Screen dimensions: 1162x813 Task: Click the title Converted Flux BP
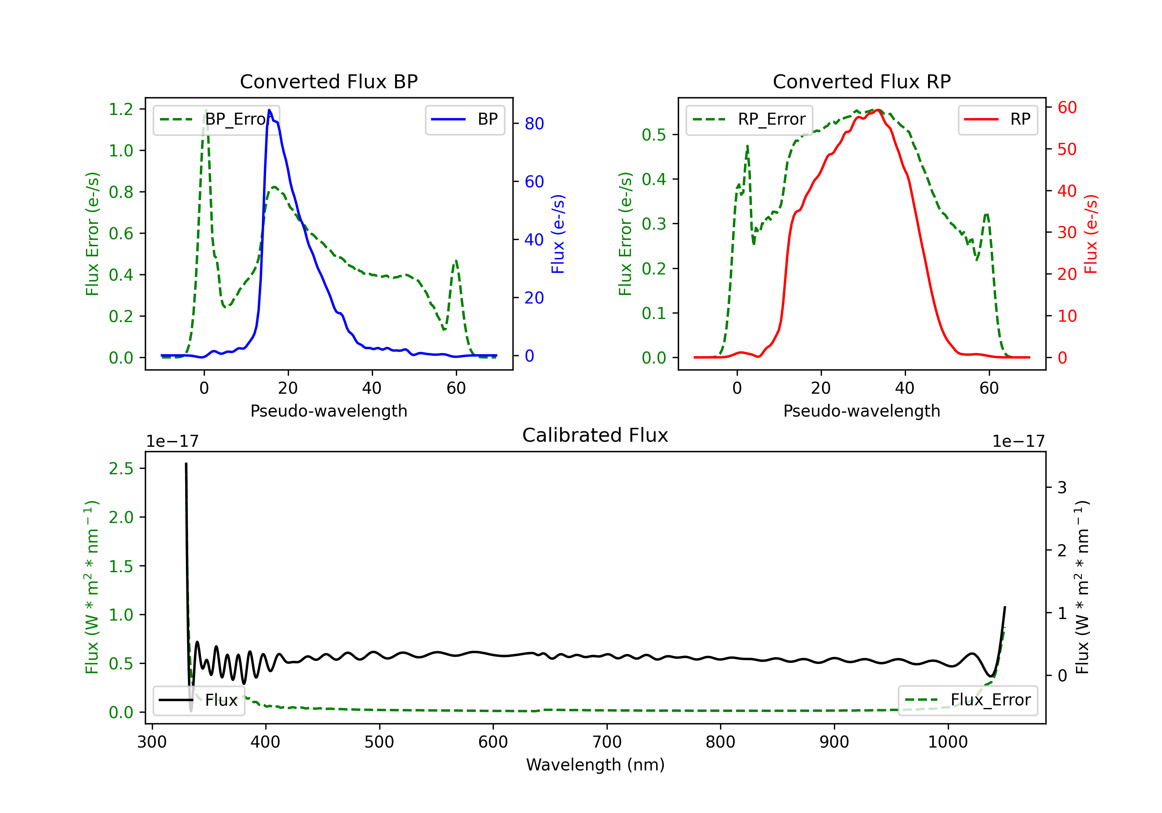click(x=329, y=81)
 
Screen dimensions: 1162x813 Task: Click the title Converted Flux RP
click(x=862, y=81)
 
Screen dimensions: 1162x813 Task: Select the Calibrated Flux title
click(x=595, y=435)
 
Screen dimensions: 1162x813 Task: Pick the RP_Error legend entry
click(x=749, y=119)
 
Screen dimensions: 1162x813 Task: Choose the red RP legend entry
click(x=997, y=119)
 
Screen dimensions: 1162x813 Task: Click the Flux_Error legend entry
click(x=968, y=700)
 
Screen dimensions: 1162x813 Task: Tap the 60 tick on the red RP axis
click(x=1067, y=107)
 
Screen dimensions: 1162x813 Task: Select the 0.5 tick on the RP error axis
click(x=654, y=135)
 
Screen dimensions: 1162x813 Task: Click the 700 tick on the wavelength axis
click(x=607, y=742)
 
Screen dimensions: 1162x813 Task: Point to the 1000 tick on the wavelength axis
click(x=948, y=742)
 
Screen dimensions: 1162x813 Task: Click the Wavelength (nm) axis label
click(x=595, y=765)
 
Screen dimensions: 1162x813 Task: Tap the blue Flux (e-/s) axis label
click(x=558, y=234)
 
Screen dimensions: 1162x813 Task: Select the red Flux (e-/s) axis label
click(x=1091, y=234)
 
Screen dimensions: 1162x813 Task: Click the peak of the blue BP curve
click(x=269, y=110)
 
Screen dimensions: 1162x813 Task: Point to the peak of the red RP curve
click(x=878, y=110)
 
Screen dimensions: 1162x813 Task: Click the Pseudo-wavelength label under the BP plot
click(x=329, y=411)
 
